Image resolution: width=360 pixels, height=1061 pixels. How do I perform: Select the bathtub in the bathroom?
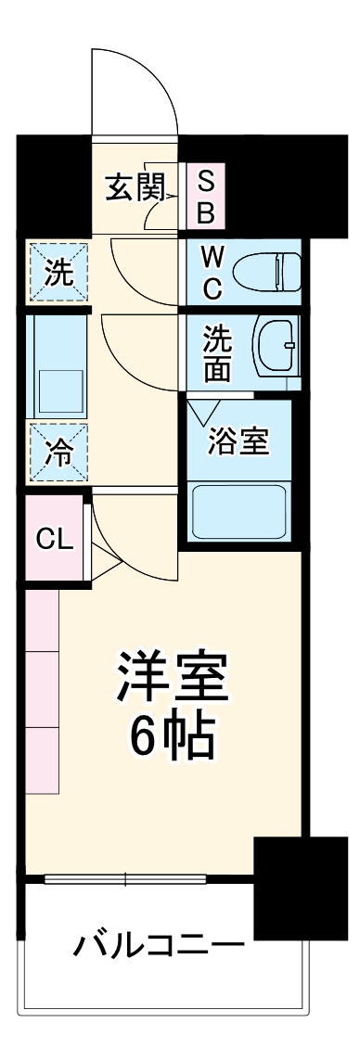coord(240,511)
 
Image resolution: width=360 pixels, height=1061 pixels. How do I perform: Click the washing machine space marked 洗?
coord(58,273)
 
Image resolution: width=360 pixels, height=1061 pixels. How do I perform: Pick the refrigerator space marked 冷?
coord(58,452)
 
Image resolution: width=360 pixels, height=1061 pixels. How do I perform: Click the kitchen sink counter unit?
coord(58,366)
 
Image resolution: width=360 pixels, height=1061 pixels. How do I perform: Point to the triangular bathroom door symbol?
coord(203,411)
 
